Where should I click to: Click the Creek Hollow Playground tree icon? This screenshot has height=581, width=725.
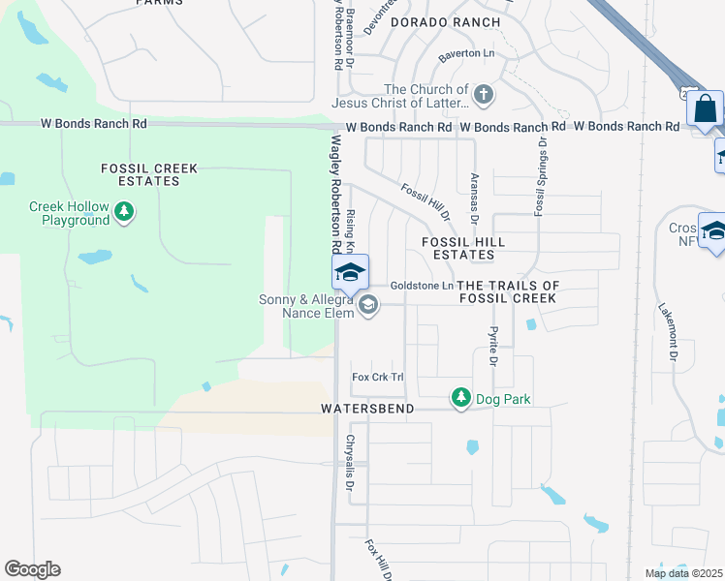click(123, 212)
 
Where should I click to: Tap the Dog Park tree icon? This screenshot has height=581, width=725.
click(461, 398)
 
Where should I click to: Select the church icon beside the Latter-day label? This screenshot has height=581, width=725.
click(483, 95)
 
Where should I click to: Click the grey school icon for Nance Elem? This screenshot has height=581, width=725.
click(367, 306)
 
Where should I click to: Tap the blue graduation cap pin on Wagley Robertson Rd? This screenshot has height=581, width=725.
click(350, 272)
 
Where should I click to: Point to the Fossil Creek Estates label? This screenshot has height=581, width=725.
click(149, 175)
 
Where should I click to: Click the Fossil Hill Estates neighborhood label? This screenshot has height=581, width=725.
click(458, 248)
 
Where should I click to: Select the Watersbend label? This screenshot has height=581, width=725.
click(367, 410)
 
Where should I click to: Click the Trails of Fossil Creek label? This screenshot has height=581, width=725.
click(508, 291)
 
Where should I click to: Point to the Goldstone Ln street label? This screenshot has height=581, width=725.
click(422, 286)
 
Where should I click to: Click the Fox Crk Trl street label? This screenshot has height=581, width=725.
click(377, 377)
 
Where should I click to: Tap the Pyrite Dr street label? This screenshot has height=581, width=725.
click(493, 346)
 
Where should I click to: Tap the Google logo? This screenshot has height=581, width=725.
click(32, 569)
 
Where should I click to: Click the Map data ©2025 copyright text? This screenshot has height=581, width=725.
click(683, 573)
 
